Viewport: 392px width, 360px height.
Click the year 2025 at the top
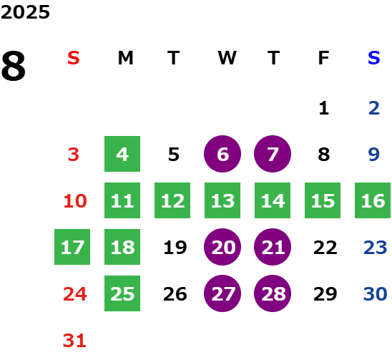tap(25, 12)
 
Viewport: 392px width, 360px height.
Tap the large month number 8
tap(14, 66)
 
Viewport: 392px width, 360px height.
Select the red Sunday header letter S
tap(74, 58)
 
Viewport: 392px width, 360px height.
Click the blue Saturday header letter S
tap(374, 58)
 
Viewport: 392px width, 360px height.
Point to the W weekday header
tap(227, 58)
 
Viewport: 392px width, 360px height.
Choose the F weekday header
tap(323, 58)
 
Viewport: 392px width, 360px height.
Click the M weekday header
tap(125, 58)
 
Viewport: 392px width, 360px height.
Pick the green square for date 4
tap(122, 154)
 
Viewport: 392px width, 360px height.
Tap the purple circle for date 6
tap(222, 154)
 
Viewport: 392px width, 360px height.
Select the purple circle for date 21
tap(273, 247)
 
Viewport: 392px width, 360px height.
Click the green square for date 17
tap(72, 247)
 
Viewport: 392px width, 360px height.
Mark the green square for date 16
tap(373, 200)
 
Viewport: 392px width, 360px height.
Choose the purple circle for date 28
tap(273, 293)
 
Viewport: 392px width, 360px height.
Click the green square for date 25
tap(122, 293)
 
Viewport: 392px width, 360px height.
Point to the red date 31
tap(74, 341)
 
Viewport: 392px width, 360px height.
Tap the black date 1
tap(324, 108)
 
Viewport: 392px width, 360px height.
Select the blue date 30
tap(375, 293)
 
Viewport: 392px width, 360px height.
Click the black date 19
tap(175, 248)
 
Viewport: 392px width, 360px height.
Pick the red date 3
tap(74, 155)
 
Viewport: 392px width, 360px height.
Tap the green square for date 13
tap(222, 200)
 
